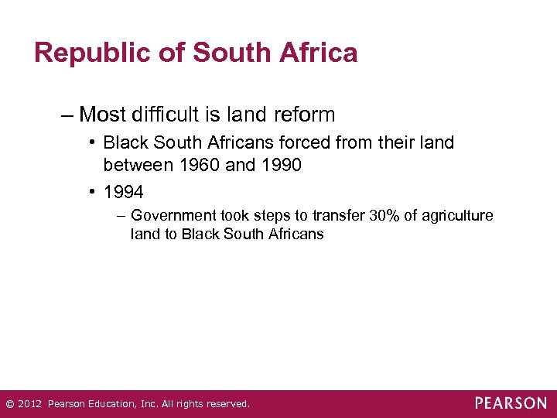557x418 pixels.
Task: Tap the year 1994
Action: tap(123, 191)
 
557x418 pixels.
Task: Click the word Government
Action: tap(173, 215)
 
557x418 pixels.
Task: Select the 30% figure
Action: tap(384, 215)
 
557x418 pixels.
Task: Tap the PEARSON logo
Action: tap(511, 403)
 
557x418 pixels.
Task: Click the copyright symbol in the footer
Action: tap(10, 403)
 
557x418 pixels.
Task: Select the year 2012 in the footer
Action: tap(30, 403)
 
